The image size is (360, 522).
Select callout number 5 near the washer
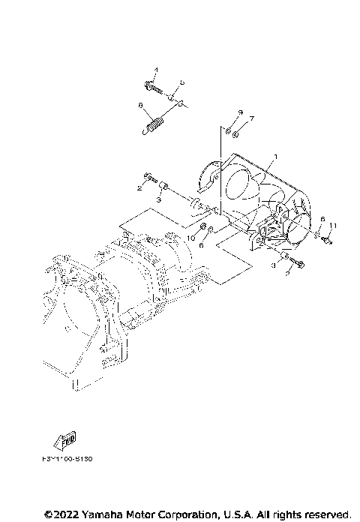tap(182, 82)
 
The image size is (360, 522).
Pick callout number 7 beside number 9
tap(252, 118)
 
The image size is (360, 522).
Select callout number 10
tap(192, 237)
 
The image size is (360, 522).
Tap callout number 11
tap(334, 226)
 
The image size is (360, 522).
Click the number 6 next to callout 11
tap(322, 219)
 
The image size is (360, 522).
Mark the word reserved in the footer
tap(326, 514)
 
